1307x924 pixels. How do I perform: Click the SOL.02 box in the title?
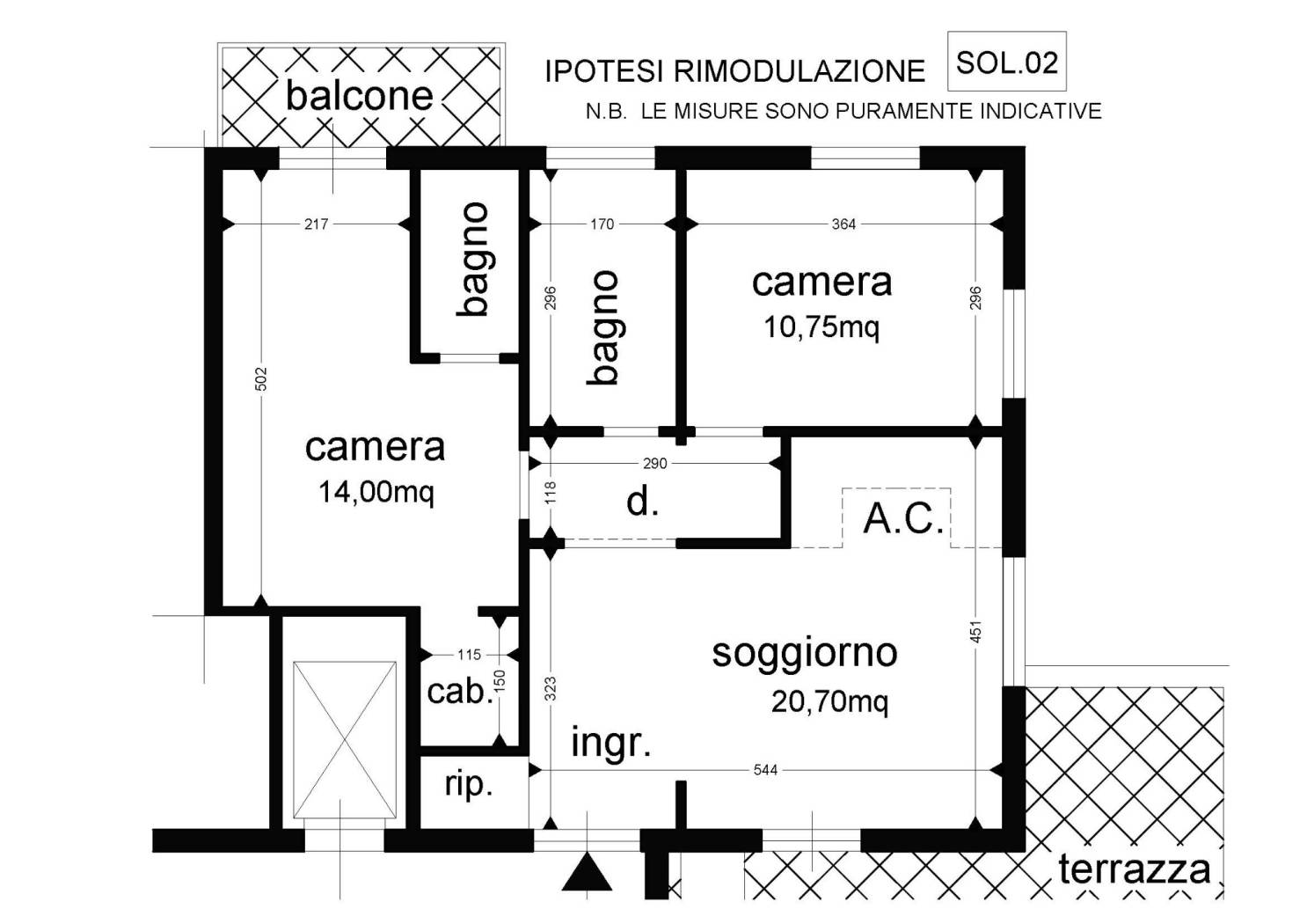(1006, 62)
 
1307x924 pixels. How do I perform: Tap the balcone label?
(360, 96)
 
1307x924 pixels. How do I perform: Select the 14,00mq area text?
(376, 491)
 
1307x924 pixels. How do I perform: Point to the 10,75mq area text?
(821, 327)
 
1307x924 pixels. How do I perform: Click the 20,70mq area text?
(829, 701)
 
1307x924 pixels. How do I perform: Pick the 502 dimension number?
(261, 378)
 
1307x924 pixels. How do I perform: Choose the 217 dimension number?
(317, 224)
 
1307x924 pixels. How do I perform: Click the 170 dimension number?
(602, 224)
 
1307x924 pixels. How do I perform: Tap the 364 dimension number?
(843, 224)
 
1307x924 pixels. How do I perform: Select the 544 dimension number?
(765, 771)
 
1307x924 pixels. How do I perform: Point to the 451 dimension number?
(976, 632)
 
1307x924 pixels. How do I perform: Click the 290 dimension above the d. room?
(654, 464)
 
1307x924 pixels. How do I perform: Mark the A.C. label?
(903, 518)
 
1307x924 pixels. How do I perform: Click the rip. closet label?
(469, 785)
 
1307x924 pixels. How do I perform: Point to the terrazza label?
(1135, 869)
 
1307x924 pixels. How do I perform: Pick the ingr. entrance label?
(611, 743)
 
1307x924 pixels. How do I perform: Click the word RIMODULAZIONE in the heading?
(800, 71)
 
